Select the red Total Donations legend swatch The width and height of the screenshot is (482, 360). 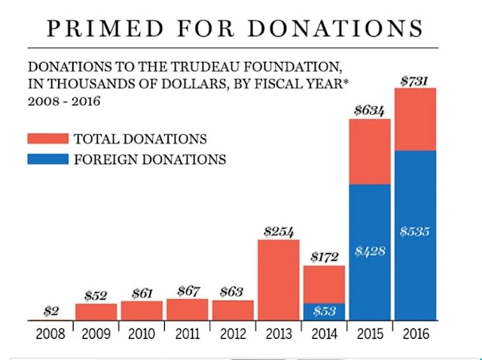pos(47,139)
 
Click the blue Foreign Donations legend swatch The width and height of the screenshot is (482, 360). pos(47,159)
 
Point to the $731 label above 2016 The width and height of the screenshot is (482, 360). pos(414,81)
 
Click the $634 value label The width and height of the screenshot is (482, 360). pos(369,111)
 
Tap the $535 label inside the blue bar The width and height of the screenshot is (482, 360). pos(414,231)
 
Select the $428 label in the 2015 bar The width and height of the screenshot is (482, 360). pos(369,251)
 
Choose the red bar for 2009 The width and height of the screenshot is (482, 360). pos(96,312)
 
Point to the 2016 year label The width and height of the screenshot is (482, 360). pos(415,333)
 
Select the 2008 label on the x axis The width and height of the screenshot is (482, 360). pos(50,333)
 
